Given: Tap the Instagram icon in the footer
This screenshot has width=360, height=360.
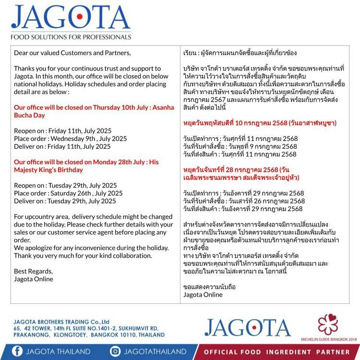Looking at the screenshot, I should coord(115,351).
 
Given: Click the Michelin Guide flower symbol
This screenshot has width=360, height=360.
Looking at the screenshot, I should coord(329,324).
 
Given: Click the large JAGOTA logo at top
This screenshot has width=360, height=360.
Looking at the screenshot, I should coord(71,18).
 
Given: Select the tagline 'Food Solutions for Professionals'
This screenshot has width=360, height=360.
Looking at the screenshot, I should coord(71,36).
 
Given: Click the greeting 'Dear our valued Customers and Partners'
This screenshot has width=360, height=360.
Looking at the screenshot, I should coord(72,53).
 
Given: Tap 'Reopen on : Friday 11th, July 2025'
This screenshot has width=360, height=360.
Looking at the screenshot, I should coord(62,131).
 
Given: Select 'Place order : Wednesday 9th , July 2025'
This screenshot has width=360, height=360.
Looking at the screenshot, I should coord(70,139).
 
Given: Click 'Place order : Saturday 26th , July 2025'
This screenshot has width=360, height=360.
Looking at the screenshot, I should coord(68,193).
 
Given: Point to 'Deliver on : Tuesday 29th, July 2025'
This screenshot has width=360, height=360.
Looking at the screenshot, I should coord(65,201).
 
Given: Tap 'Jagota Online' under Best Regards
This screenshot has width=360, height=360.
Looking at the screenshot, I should coord(34,279).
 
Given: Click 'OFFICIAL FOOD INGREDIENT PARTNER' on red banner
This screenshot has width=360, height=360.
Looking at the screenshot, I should coord(277,352).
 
